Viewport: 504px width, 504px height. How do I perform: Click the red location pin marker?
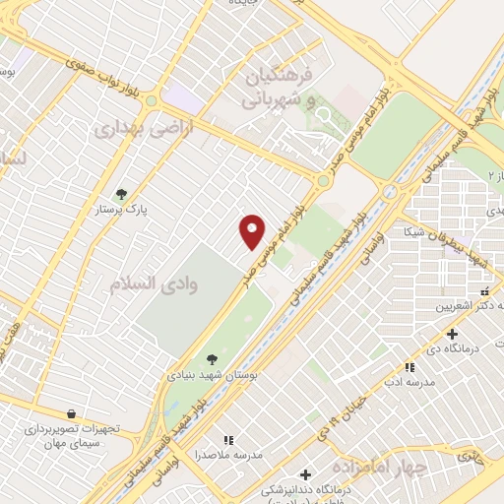[253, 231]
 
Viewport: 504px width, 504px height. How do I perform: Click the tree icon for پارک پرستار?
[121, 194]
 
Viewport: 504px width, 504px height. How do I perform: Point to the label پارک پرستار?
[121, 211]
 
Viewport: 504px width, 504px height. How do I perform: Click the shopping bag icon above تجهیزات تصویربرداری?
[70, 414]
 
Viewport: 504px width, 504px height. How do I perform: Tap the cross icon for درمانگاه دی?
[451, 333]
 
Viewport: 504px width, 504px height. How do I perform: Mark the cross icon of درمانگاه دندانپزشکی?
[305, 475]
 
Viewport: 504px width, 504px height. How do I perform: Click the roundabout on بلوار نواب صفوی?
[152, 99]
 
